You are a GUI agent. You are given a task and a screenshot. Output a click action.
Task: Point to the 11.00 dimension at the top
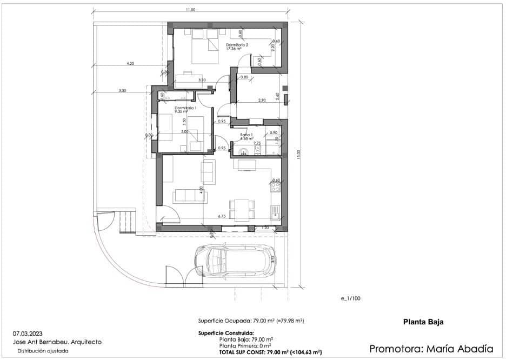click(x=190, y=10)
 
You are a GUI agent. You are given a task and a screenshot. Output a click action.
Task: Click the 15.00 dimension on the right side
click(x=297, y=154)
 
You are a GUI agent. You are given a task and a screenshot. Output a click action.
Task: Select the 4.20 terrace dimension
click(x=130, y=63)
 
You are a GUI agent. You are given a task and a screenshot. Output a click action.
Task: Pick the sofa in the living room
click(x=189, y=196)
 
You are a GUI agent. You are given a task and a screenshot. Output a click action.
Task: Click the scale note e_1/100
click(x=350, y=298)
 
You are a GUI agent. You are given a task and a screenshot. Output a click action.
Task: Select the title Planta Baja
click(x=423, y=322)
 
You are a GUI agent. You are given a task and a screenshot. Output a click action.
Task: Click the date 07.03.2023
click(x=30, y=334)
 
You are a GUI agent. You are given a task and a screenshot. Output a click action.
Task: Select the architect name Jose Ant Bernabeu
click(x=47, y=342)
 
